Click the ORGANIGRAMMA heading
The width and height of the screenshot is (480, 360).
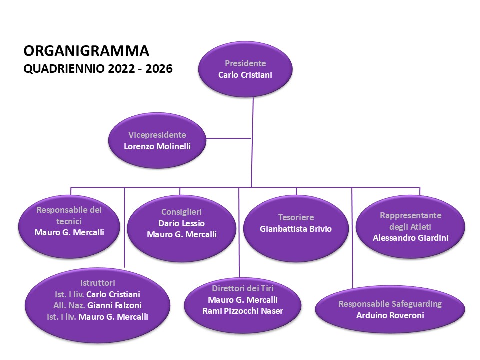click(86, 51)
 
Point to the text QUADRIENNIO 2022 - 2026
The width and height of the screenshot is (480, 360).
click(98, 69)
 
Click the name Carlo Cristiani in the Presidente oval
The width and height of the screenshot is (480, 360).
click(245, 75)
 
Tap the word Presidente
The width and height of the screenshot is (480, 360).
click(245, 63)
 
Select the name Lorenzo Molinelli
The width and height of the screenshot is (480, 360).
click(157, 146)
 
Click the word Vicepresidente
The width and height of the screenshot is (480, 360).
click(157, 135)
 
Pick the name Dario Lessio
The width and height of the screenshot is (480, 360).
click(181, 223)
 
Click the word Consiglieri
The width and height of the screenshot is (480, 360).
click(181, 212)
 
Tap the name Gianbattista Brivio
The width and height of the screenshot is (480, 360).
click(296, 229)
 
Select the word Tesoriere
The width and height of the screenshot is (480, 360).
click(296, 217)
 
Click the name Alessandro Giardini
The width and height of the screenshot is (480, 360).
click(411, 238)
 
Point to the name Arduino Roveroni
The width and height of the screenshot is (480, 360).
click(390, 315)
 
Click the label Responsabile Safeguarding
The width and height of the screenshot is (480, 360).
click(390, 304)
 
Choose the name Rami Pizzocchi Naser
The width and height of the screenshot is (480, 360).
click(243, 311)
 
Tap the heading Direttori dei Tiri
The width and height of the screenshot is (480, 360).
click(243, 288)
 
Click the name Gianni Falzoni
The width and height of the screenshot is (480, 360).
click(115, 305)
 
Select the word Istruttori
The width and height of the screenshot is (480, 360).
click(97, 283)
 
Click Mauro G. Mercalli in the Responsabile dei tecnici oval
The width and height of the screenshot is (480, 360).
click(69, 232)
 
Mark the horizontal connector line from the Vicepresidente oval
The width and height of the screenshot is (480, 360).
click(228, 138)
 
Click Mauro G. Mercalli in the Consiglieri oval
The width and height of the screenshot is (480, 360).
click(182, 235)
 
